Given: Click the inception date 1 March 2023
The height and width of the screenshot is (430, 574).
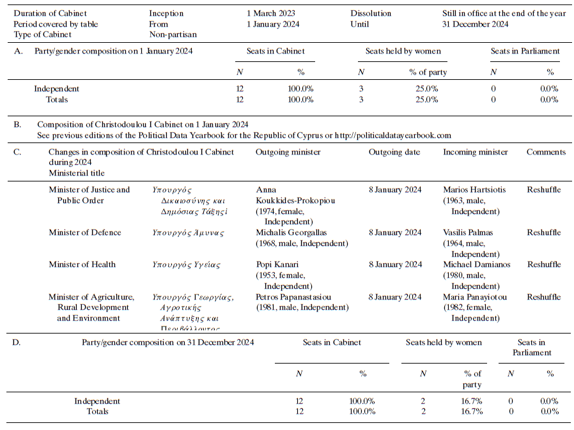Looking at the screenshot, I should point(271,13).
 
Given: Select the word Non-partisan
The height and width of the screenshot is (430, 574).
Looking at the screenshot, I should point(173,35).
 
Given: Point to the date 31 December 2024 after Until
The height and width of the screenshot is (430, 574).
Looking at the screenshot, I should point(475,24).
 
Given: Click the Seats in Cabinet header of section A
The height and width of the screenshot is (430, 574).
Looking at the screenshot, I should point(275,51).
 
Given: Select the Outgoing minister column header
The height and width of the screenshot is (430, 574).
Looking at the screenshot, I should point(288,152).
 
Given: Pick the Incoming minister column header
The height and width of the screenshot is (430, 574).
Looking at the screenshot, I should point(476,152).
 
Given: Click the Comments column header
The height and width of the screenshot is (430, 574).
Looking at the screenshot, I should point(546,152).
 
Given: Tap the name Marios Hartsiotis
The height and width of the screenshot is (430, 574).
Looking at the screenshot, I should point(475,190).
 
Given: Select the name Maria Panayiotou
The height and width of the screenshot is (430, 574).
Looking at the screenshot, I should point(476,297).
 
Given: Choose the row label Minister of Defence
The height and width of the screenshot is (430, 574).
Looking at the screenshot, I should point(85,233).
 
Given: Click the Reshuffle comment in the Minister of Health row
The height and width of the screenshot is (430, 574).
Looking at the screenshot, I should point(544,265).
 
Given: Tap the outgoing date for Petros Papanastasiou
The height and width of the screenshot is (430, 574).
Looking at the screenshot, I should point(395,297).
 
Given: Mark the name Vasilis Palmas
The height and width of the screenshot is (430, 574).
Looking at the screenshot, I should point(469,233).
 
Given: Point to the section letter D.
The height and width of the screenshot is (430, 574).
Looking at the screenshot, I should point(17,342).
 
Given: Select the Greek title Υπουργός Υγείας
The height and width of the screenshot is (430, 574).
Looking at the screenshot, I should point(186,265).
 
